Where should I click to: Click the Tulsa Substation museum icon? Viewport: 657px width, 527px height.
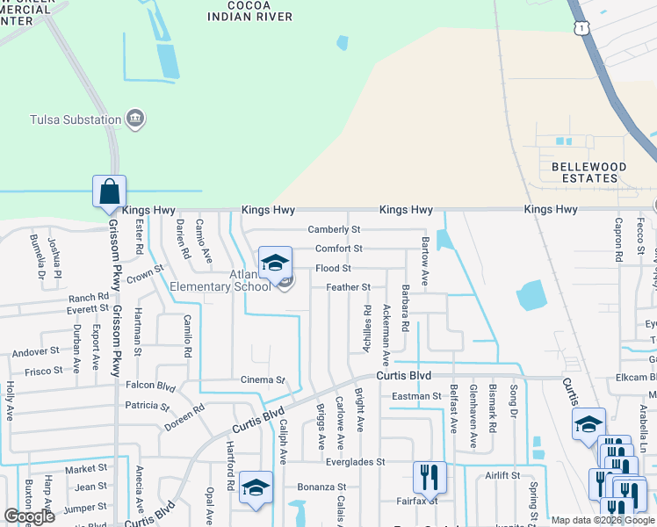[135, 119]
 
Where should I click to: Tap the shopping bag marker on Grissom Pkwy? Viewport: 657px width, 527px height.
[110, 191]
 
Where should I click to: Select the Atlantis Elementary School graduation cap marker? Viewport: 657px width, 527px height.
[275, 263]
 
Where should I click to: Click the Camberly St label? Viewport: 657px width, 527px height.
[334, 229]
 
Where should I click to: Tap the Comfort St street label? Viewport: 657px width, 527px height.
[339, 249]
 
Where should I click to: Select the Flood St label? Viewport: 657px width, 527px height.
[333, 268]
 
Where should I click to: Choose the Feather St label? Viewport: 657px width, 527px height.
[348, 287]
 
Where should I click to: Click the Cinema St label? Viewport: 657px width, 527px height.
[264, 380]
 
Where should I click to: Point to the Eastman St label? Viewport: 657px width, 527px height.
[416, 397]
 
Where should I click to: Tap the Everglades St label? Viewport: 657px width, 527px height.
[356, 462]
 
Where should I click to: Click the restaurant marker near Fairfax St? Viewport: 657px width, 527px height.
[430, 478]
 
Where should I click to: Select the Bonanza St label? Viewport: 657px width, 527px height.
[321, 487]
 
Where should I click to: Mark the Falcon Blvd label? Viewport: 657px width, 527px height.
[151, 386]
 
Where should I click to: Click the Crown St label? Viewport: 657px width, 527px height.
[146, 275]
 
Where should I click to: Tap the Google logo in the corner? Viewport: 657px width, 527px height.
[29, 516]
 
